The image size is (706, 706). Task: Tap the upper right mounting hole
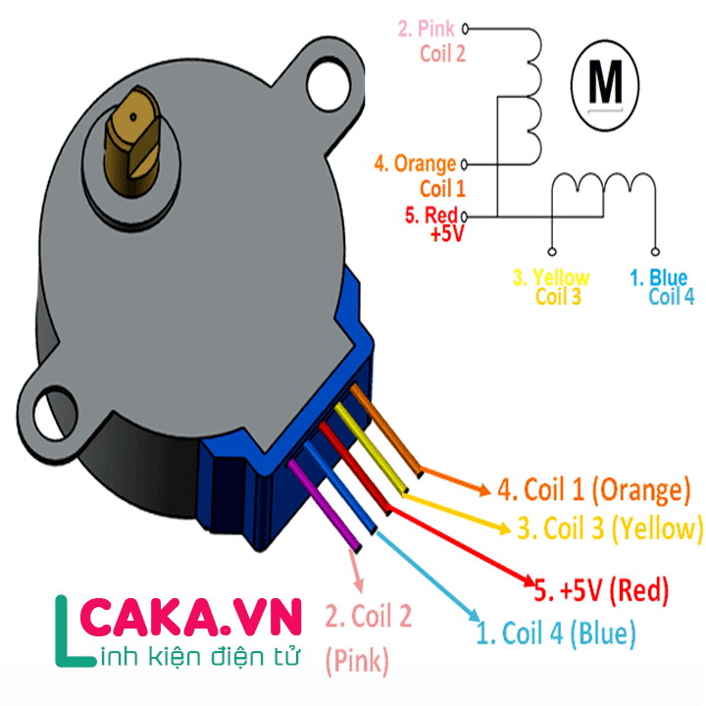(328, 84)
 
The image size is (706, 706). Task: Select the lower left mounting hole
(55, 414)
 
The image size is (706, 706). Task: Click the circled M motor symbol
(605, 85)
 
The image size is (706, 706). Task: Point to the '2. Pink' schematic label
(427, 28)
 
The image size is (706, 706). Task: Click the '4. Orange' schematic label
(415, 165)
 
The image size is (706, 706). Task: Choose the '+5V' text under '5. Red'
(447, 234)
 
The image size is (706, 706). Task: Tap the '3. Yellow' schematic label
(551, 277)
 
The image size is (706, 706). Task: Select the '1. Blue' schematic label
(658, 277)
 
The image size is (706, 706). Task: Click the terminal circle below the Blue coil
(655, 252)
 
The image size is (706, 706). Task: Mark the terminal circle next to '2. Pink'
(465, 29)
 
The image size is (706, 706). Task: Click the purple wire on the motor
(325, 505)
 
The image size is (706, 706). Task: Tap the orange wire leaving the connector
(386, 430)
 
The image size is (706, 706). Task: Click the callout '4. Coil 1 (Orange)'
(593, 490)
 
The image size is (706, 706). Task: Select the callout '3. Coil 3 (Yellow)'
(610, 529)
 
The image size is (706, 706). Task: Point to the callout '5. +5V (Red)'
(601, 590)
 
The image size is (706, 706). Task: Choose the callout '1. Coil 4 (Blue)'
(556, 632)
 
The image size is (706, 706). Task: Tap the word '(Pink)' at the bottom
(357, 661)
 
